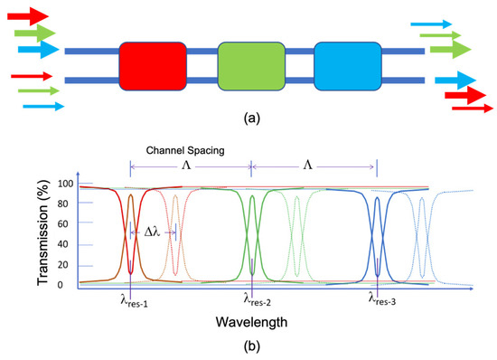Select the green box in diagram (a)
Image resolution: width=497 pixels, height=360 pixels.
click(x=250, y=63)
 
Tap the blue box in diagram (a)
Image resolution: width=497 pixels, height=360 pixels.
click(x=347, y=63)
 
